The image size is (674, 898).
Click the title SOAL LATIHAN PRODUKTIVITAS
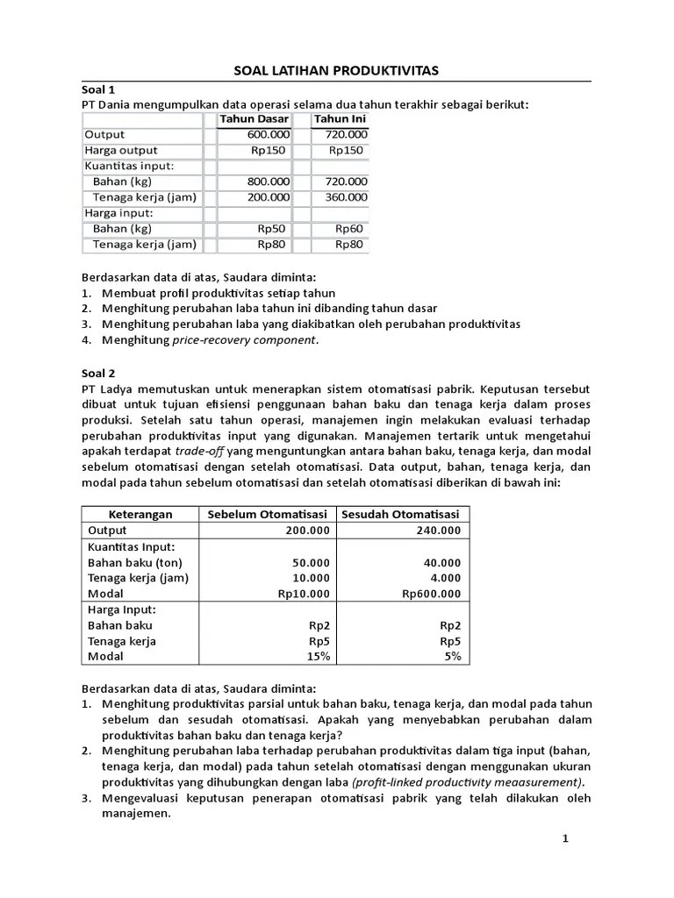(x=336, y=70)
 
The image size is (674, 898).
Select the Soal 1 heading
(x=98, y=89)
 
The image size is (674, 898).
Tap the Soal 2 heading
(x=98, y=372)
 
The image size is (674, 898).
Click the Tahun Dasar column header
(x=255, y=119)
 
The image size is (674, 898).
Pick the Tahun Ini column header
(x=341, y=119)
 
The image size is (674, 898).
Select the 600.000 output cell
(x=269, y=135)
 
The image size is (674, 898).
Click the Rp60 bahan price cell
(x=348, y=229)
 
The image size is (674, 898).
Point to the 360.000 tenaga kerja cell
(x=346, y=197)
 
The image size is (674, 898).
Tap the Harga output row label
(x=121, y=151)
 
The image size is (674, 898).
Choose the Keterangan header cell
(x=140, y=515)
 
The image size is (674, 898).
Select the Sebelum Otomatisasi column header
(x=267, y=515)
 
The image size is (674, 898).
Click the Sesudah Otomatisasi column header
(x=401, y=515)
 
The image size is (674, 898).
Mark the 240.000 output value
(x=438, y=531)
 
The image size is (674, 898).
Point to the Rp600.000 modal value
(x=431, y=594)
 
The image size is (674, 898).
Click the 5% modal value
(x=451, y=657)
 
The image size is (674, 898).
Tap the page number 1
(x=566, y=839)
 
